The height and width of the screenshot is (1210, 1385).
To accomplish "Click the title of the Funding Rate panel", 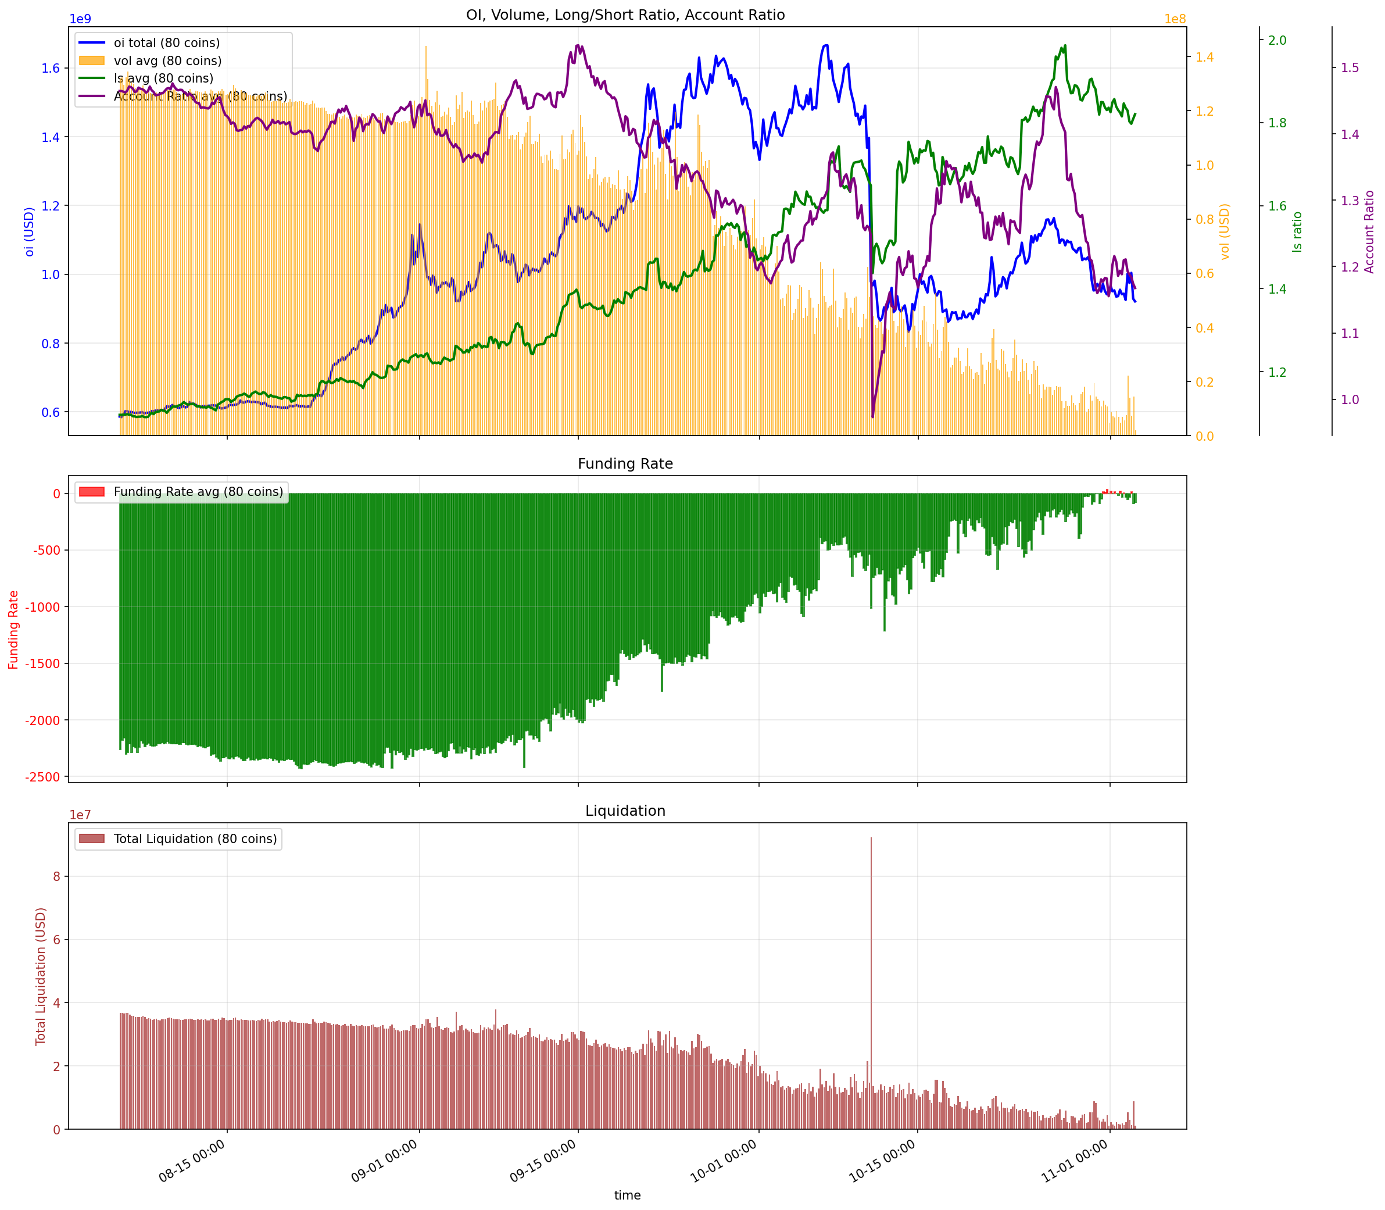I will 625,464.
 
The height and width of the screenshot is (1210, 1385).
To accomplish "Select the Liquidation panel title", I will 625,811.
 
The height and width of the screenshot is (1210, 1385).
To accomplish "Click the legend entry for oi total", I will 167,43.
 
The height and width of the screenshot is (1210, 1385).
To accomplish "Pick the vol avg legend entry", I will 167,61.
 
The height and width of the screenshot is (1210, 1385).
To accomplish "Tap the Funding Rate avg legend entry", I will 198,491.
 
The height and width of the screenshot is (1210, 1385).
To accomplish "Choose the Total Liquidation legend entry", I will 195,838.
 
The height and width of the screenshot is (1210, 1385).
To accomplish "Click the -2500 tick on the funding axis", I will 43,777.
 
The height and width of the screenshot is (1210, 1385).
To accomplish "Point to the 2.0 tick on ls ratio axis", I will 1277,41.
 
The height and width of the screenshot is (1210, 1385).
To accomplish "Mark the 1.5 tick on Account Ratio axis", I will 1350,67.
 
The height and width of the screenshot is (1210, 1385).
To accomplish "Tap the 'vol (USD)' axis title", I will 1225,231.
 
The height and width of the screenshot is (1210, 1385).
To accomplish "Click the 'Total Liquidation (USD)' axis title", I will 41,976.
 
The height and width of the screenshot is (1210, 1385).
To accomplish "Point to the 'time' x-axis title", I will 627,1195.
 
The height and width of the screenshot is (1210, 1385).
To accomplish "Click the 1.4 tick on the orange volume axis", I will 1205,58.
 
